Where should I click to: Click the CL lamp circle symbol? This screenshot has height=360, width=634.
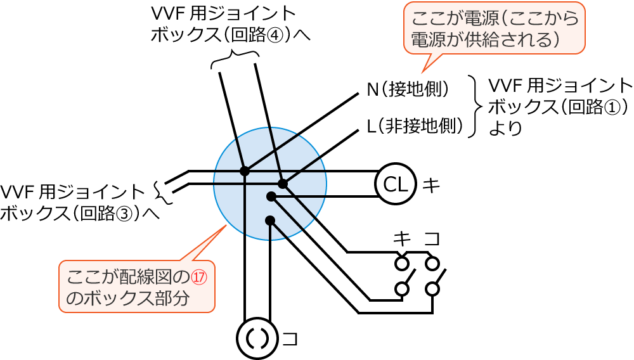(x=396, y=185)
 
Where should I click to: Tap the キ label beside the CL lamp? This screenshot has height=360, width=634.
(x=431, y=185)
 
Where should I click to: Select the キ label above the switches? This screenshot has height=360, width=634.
(x=401, y=239)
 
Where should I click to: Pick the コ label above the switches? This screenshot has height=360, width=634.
(x=432, y=239)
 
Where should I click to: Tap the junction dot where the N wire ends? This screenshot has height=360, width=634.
(x=245, y=171)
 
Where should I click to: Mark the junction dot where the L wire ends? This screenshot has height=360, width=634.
(x=283, y=184)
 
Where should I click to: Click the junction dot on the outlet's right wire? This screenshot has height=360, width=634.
(x=270, y=221)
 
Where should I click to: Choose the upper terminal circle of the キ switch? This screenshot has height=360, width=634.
(x=401, y=262)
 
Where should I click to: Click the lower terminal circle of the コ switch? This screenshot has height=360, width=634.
(x=432, y=289)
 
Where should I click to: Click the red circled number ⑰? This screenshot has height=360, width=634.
(x=200, y=277)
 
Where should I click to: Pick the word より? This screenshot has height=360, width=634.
(x=505, y=128)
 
